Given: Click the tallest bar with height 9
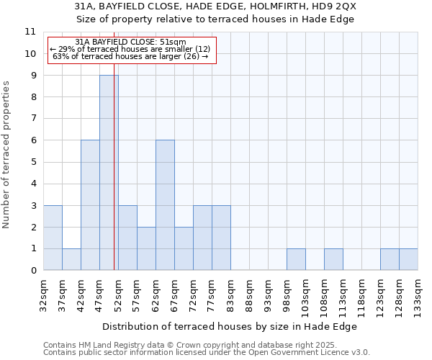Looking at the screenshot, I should pos(109,173).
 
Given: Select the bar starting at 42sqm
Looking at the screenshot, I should pos(90,205).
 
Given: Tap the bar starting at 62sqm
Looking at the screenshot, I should pos(165,205).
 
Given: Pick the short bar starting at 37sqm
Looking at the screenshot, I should pos(71,259).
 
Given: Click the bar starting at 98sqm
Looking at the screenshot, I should pos(296,259).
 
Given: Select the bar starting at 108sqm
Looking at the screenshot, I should pos(333,259).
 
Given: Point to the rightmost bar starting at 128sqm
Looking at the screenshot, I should pos(408,259).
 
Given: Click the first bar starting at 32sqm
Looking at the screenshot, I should pos(53,238).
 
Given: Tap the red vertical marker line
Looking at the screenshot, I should pos(114,180).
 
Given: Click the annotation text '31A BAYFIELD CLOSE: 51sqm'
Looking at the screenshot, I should pos(130,42).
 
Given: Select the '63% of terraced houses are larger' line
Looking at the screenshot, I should pos(130,56).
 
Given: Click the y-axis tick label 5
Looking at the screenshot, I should pos(33,162).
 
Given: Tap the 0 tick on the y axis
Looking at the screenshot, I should pos(33,271).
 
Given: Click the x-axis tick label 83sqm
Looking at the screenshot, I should pos(231,291).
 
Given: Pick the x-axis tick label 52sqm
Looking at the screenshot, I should pos(118,291).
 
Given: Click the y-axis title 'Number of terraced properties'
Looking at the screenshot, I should pos(6,154).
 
